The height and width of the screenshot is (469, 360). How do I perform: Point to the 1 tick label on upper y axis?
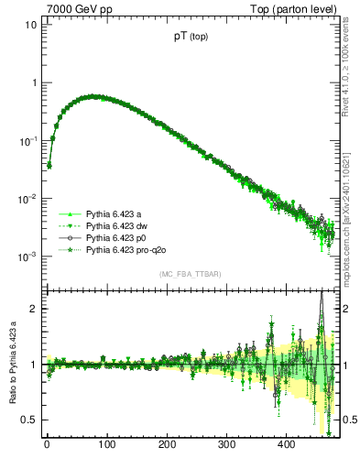[x=34, y=82]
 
